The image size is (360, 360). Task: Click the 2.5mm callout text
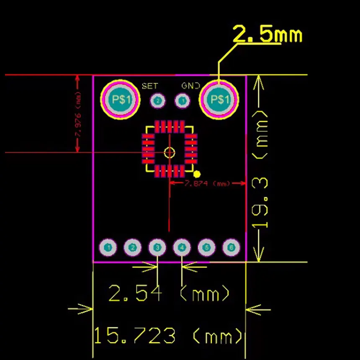[267, 34]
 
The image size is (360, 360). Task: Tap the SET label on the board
[150, 86]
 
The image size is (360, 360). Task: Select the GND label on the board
[190, 86]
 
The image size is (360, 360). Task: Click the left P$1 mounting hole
[120, 100]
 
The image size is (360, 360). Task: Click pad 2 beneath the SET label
[158, 101]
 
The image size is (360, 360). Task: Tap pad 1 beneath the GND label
[182, 101]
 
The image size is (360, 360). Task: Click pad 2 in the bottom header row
[133, 248]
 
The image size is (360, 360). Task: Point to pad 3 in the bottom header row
[157, 248]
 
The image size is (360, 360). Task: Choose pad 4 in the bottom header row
[182, 248]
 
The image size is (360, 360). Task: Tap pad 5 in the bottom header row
[206, 248]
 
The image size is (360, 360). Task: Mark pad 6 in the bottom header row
[231, 248]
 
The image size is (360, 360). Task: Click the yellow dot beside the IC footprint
[198, 174]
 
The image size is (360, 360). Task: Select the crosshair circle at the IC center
[169, 152]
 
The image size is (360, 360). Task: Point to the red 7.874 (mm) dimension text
[208, 183]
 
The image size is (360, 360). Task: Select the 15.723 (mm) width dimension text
[168, 336]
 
